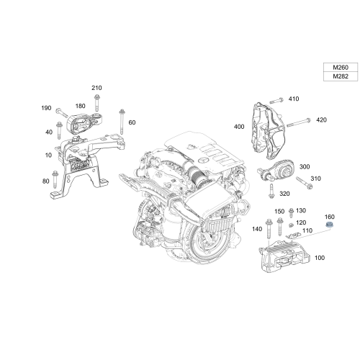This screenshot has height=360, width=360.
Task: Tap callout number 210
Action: [97, 88]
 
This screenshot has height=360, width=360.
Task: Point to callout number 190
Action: [47, 108]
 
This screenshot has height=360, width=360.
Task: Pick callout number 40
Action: [49, 132]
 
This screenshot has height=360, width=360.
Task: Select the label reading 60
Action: [132, 122]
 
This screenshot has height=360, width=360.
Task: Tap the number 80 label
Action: [47, 181]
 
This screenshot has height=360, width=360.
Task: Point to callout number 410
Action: [293, 99]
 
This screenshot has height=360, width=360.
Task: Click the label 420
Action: [321, 120]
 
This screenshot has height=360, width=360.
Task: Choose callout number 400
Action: [238, 126]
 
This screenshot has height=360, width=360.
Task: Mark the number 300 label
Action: [305, 166]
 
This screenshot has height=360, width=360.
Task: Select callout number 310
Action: [315, 178]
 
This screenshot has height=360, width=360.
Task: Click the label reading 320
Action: [284, 194]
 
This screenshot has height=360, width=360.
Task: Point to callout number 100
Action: [320, 257]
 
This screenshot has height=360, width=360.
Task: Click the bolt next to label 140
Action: [269, 229]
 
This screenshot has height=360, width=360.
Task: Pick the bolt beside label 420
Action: [302, 120]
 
